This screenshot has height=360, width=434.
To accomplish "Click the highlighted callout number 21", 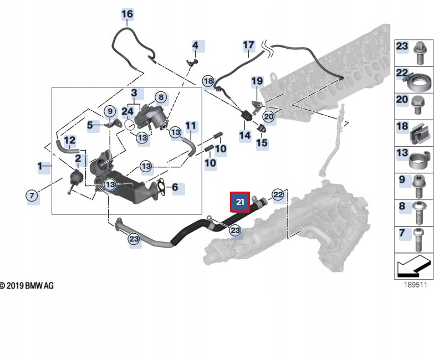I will [240, 202].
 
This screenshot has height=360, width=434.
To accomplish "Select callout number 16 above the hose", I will [127, 14].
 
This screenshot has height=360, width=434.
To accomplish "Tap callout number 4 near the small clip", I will [196, 45].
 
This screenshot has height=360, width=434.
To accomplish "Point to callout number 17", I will [248, 45].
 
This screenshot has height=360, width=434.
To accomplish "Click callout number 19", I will [257, 82].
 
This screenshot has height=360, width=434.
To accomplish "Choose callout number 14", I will [244, 135].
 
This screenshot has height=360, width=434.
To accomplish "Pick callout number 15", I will [262, 143].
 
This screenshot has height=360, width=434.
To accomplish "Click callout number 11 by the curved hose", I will [191, 126].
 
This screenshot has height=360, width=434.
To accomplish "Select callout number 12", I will [70, 141].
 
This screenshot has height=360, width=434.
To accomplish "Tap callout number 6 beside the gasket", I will [175, 188].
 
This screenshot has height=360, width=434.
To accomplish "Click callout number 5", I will [90, 126].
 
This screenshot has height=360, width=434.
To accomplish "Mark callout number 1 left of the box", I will [40, 166].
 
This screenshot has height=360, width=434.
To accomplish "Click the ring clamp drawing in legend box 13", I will [420, 161].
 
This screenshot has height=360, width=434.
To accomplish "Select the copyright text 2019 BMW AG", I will [27, 286].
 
